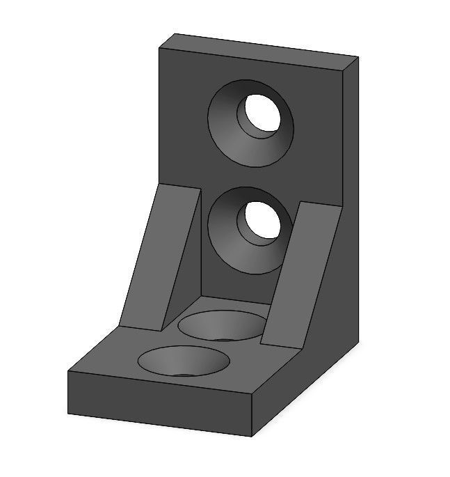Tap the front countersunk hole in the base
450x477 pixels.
(184, 360)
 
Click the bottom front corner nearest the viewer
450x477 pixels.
(250, 437)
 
